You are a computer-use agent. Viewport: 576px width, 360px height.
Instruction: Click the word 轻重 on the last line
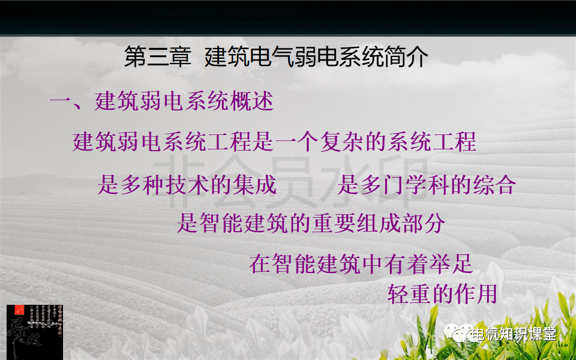409,294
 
